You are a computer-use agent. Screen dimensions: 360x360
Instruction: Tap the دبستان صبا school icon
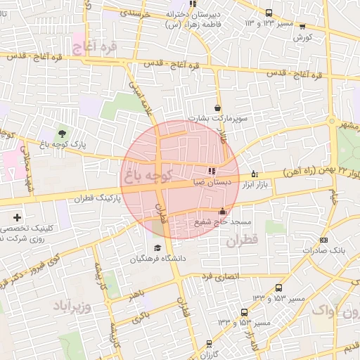[x=211, y=170]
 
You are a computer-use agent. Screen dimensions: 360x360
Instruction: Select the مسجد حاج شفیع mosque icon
[x=223, y=211]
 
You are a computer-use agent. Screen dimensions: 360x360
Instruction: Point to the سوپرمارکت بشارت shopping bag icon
[x=218, y=108]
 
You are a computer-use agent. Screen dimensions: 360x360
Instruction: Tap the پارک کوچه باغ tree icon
[x=62, y=133]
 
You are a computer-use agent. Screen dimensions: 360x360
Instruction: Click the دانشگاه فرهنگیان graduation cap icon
[x=157, y=248]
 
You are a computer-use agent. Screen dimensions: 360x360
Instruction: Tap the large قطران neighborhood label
[x=243, y=241]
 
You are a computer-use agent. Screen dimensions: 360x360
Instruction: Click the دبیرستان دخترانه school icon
[x=193, y=4]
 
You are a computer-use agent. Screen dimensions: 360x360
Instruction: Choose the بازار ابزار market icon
[x=254, y=173]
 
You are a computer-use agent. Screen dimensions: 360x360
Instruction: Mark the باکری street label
[x=141, y=316]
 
